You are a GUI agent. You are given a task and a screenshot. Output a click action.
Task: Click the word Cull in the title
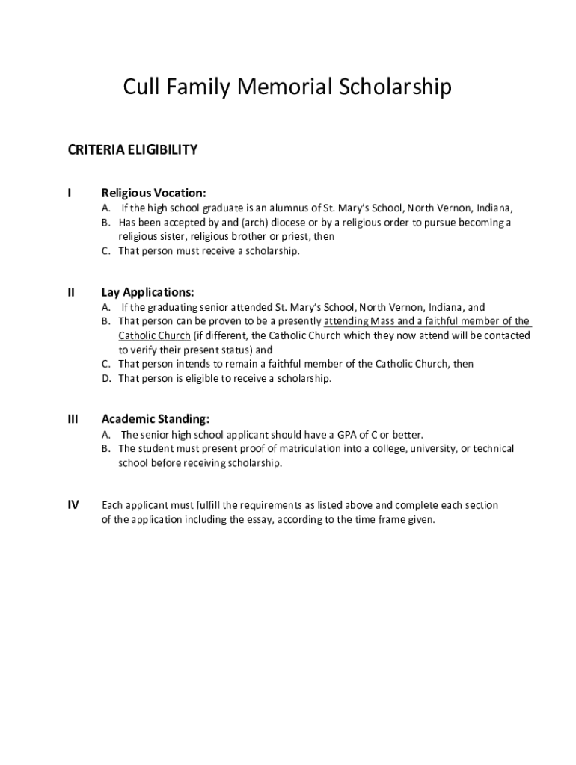tap(142, 88)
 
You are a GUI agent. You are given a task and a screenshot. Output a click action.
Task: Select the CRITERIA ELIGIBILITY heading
tap(133, 149)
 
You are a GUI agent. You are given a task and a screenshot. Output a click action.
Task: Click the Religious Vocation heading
tap(153, 193)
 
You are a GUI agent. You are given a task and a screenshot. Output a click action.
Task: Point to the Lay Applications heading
tap(147, 292)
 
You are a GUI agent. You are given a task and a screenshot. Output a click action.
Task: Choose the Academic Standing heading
tap(156, 419)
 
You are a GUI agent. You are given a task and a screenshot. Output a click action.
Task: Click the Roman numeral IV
tap(73, 505)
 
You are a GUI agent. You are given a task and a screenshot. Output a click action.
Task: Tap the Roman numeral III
tap(73, 419)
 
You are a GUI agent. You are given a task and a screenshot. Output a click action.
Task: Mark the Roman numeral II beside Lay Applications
tap(71, 292)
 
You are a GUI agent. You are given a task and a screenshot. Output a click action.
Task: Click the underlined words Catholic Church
tap(154, 335)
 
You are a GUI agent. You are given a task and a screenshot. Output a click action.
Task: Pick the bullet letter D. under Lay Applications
tap(106, 378)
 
